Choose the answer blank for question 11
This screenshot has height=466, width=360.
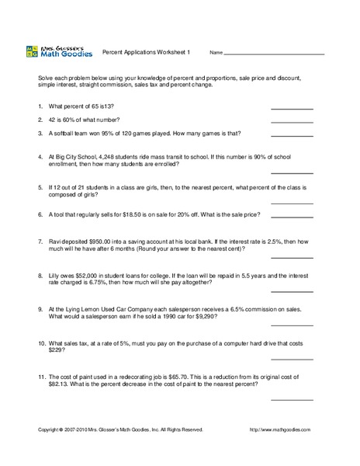coord(292,398)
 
